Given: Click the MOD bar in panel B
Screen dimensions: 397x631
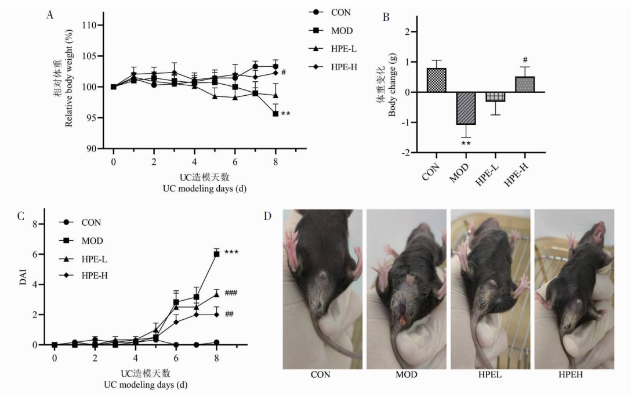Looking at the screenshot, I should (466, 108).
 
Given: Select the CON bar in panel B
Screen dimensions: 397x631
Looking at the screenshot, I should (436, 80).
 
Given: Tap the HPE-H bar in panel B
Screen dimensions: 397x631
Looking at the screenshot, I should (525, 84).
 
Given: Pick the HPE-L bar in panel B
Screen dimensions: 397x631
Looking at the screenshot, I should (495, 97).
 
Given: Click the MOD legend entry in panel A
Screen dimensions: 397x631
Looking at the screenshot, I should (333, 30).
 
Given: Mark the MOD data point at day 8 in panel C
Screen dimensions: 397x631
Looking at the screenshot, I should (217, 254).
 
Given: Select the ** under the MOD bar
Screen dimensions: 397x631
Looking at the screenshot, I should (466, 143).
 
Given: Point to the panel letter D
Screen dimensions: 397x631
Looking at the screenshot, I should (267, 216).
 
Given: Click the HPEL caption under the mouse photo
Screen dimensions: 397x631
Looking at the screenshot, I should (491, 375).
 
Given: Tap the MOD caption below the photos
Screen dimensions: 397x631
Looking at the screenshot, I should (406, 375).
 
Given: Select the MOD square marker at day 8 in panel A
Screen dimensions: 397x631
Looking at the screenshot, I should (275, 114).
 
